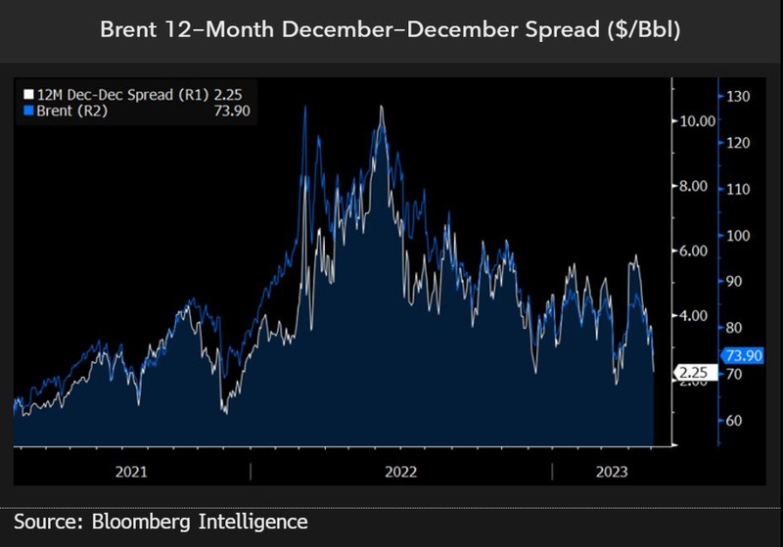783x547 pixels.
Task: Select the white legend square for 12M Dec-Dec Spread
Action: click(28, 95)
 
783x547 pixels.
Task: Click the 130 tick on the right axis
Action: click(737, 96)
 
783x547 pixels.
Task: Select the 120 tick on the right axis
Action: click(737, 143)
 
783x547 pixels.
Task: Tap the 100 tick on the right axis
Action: click(737, 236)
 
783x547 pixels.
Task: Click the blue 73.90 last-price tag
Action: click(741, 356)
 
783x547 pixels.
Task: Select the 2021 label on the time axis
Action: click(131, 471)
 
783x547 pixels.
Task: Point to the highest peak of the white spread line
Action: click(381, 107)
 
